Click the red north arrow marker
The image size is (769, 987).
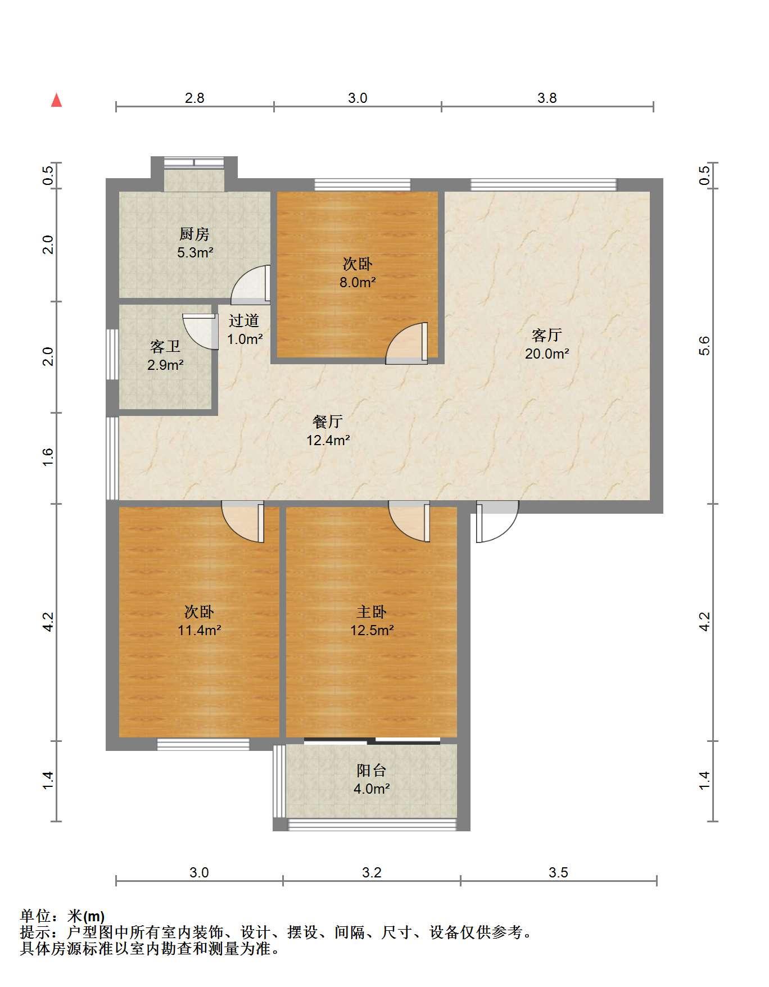point(56,100)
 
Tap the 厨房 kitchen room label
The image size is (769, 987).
point(194,234)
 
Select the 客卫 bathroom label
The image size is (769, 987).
point(165,346)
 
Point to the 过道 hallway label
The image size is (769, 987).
point(244,320)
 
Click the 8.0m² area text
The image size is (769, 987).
point(358,282)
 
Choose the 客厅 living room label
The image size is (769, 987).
point(547,336)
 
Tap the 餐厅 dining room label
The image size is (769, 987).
point(328,422)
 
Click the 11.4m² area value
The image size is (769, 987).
point(200,630)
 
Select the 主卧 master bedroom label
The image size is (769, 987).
point(372,612)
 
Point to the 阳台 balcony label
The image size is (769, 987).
point(372,770)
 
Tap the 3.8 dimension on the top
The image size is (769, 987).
point(547,98)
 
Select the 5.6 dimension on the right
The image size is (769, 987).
point(705,346)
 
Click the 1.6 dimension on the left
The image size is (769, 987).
point(48,456)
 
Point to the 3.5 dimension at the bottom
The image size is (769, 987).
point(558,872)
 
